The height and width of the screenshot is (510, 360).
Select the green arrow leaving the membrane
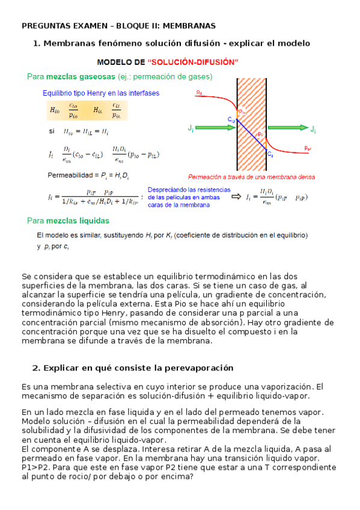[288, 128]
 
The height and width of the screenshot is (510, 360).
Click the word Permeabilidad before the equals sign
[69, 176]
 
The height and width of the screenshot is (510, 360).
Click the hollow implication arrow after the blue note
[236, 196]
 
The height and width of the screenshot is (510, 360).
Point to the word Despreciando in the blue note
[167, 189]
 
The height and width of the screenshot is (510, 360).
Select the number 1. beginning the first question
[37, 43]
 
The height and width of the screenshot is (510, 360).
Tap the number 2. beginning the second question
[36, 367]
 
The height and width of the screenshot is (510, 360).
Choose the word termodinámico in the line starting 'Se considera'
[191, 277]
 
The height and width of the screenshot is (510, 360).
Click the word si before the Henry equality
[51, 131]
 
